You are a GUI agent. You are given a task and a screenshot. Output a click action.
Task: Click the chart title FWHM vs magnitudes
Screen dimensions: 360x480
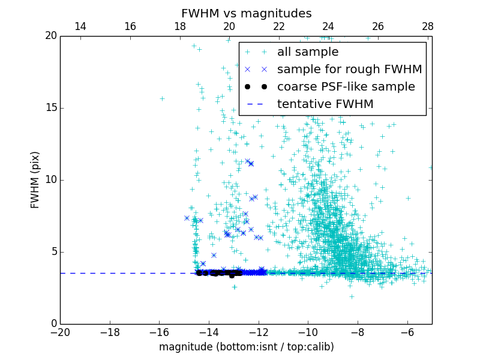246,13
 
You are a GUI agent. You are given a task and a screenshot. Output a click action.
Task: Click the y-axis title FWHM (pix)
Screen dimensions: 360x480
35,179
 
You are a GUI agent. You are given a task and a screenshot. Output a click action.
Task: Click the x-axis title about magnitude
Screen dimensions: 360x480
246,347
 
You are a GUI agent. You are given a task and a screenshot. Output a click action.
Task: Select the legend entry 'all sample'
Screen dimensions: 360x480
308,52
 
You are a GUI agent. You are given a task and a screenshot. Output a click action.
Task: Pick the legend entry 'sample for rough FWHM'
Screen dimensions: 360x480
349,70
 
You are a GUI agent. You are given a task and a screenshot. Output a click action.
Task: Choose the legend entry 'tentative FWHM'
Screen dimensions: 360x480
325,104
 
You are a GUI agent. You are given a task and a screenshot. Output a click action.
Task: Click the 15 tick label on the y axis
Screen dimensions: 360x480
50,108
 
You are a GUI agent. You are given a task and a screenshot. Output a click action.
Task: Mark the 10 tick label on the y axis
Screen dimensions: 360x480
50,180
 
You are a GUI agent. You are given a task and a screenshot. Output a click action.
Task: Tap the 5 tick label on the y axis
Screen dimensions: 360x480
53,252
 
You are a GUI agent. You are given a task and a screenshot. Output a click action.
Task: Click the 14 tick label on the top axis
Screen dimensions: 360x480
80,26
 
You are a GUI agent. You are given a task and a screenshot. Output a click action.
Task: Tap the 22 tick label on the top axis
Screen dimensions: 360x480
278,26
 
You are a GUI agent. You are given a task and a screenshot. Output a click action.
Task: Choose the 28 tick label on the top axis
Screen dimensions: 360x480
427,26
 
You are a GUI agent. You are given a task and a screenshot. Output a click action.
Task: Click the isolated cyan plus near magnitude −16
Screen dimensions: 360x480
161,98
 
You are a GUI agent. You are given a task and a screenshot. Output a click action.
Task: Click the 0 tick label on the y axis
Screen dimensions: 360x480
53,324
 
